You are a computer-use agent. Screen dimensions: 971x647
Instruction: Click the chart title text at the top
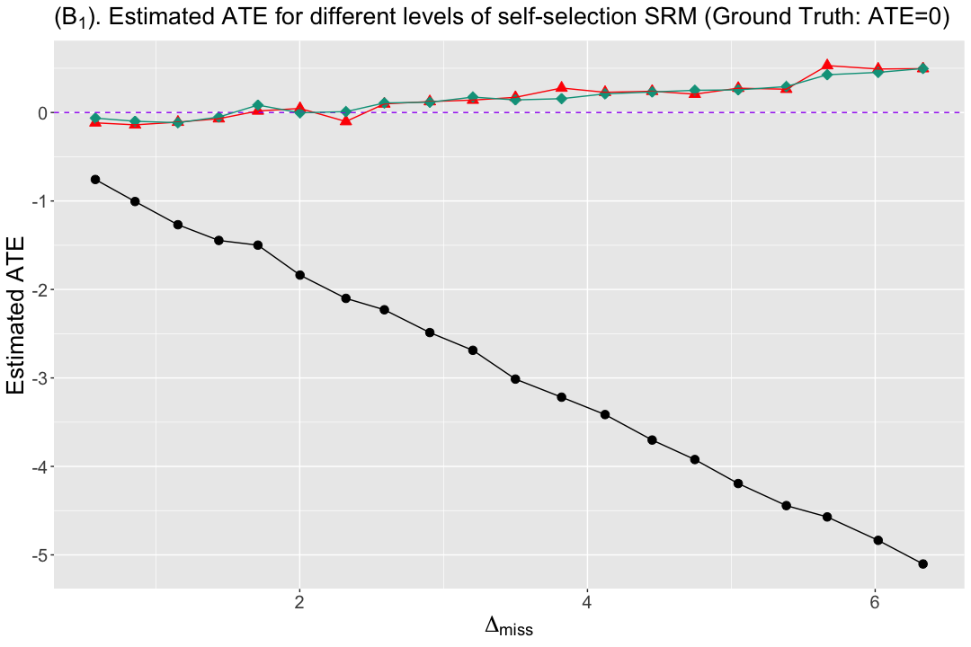point(502,17)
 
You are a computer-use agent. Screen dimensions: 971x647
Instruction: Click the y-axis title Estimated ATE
point(16,315)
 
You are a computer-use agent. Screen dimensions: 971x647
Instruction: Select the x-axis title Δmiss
point(508,626)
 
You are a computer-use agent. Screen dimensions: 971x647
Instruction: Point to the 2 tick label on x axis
point(299,602)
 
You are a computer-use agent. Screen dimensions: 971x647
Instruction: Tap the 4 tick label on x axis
point(587,602)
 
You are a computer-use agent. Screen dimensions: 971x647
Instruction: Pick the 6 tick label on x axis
point(875,602)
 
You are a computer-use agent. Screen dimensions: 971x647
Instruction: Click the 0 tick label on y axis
point(42,112)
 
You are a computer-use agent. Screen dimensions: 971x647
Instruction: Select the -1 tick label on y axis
point(39,201)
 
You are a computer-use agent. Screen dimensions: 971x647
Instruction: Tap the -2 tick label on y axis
point(39,289)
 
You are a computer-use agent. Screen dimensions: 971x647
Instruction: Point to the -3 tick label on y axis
point(39,378)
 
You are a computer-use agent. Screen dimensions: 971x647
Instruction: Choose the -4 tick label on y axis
point(39,466)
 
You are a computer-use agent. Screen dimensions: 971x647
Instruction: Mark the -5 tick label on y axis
point(39,554)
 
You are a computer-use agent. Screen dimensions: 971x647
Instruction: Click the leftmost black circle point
point(95,180)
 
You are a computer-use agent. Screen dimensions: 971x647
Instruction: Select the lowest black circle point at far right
point(922,563)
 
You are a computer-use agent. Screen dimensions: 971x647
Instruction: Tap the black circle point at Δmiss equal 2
point(299,275)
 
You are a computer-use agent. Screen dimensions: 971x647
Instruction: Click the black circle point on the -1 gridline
point(135,201)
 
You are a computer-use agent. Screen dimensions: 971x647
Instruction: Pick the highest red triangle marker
point(827,65)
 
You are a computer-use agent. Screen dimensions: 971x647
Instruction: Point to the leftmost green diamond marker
point(95,119)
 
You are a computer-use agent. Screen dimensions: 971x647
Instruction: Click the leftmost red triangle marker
point(95,122)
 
